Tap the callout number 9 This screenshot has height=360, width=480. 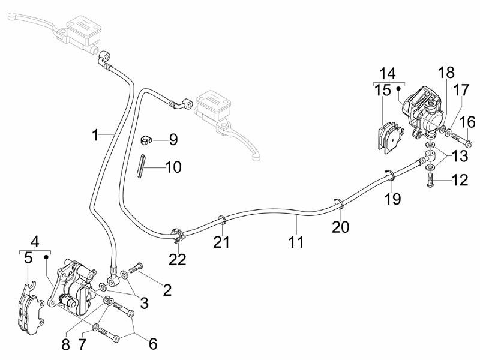(173, 140)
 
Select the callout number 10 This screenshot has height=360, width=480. (173, 166)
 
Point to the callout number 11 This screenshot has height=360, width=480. (296, 242)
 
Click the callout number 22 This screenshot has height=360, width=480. (178, 259)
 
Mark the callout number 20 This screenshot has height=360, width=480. (340, 227)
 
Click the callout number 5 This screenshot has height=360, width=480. (28, 259)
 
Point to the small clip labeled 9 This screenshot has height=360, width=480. (146, 140)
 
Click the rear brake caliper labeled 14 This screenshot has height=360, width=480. (424, 114)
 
